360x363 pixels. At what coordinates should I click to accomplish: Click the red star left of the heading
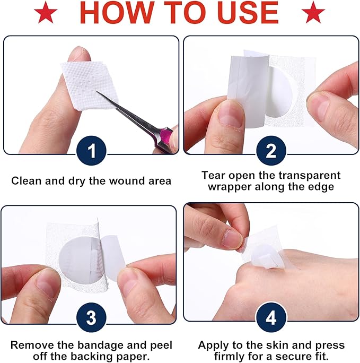pyautogui.click(x=46, y=12)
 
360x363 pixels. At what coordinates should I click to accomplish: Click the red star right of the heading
pyautogui.click(x=313, y=12)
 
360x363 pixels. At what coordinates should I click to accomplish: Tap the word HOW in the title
pyautogui.click(x=118, y=12)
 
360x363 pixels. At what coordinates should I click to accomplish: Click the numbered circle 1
pyautogui.click(x=92, y=151)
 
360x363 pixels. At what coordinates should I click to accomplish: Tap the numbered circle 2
pyautogui.click(x=271, y=151)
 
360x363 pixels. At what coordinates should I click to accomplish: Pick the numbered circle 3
pyautogui.click(x=92, y=317)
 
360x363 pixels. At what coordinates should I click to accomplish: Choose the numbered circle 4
pyautogui.click(x=271, y=317)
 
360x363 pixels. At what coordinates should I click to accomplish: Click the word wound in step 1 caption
pyautogui.click(x=127, y=181)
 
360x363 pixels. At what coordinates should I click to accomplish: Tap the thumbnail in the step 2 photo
pyautogui.click(x=230, y=115)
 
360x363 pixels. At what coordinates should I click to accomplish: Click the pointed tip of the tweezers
pyautogui.click(x=97, y=92)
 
